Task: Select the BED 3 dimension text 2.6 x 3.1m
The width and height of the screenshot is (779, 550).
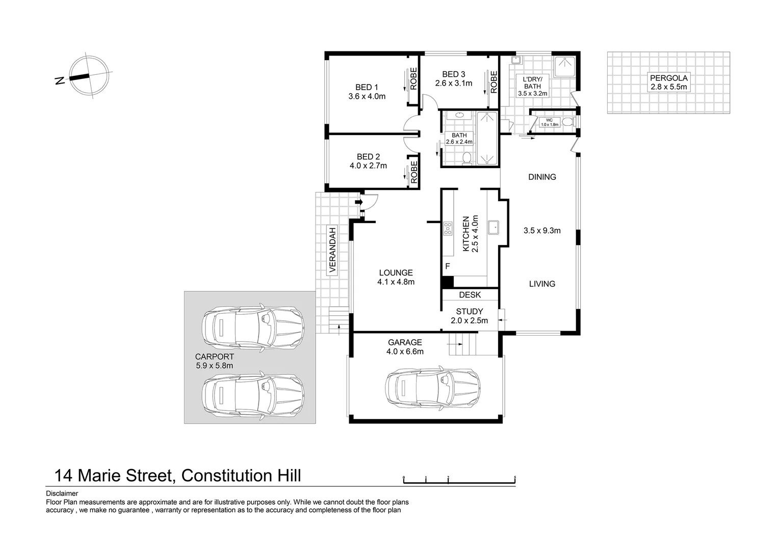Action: click(x=453, y=83)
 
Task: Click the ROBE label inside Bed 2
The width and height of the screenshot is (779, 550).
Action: click(x=414, y=172)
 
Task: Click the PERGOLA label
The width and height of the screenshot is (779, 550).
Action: click(x=668, y=78)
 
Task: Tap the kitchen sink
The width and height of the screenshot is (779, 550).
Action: click(x=493, y=227)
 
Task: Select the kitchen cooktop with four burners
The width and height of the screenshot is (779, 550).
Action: click(x=448, y=229)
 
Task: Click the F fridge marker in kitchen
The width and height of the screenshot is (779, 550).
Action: click(x=448, y=266)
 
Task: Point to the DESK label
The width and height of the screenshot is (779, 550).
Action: click(x=469, y=294)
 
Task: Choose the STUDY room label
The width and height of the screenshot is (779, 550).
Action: click(x=469, y=311)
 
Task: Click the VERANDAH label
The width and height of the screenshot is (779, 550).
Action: click(x=333, y=250)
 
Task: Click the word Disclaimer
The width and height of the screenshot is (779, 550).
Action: click(x=62, y=493)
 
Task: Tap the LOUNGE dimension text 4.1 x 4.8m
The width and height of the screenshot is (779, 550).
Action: click(x=396, y=282)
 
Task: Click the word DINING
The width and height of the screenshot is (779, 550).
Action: click(x=542, y=177)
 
